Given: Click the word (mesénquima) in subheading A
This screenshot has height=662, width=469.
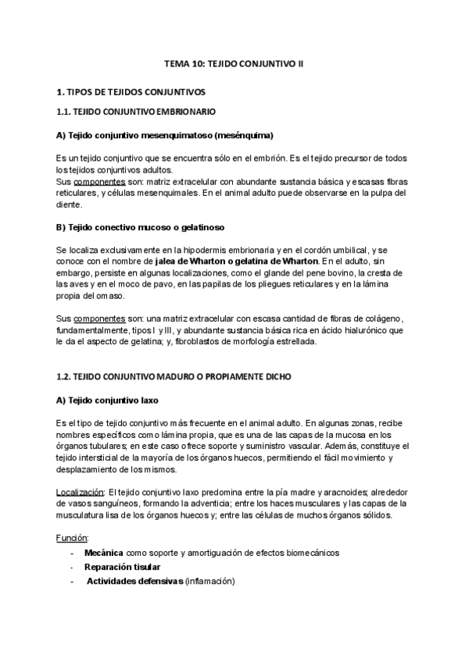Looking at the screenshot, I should pyautogui.click(x=249, y=135).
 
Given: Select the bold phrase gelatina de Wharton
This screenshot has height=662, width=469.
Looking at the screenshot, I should pyautogui.click(x=275, y=260).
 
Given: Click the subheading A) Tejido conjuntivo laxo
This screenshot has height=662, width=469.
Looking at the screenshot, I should pyautogui.click(x=107, y=400).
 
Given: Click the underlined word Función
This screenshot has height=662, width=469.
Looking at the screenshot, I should pyautogui.click(x=72, y=538).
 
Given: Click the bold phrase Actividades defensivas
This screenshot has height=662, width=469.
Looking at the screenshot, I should pyautogui.click(x=134, y=581).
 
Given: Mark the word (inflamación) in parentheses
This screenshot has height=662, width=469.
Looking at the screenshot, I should pyautogui.click(x=210, y=581).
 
